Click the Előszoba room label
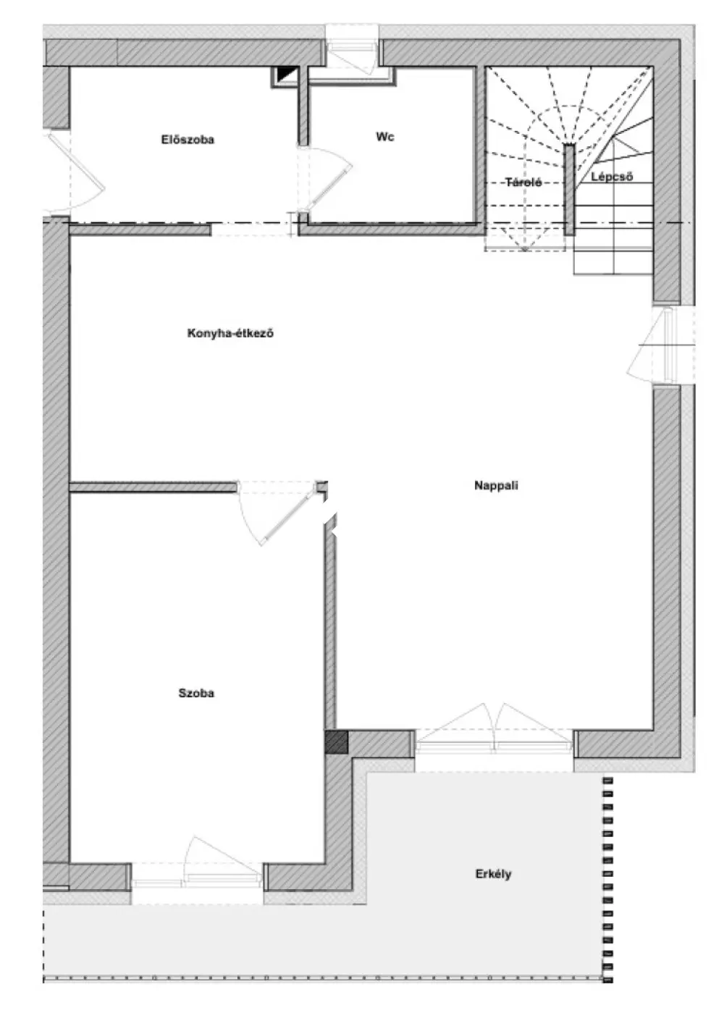tap(188, 139)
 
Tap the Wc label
tap(384, 137)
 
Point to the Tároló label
tap(523, 182)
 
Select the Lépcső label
tap(612, 177)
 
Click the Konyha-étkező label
tap(230, 333)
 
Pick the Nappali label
tap(496, 485)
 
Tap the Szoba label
tap(196, 693)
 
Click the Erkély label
tap(493, 874)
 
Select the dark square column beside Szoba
tap(337, 742)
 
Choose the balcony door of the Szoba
tap(197, 861)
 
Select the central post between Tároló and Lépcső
tap(569, 190)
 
